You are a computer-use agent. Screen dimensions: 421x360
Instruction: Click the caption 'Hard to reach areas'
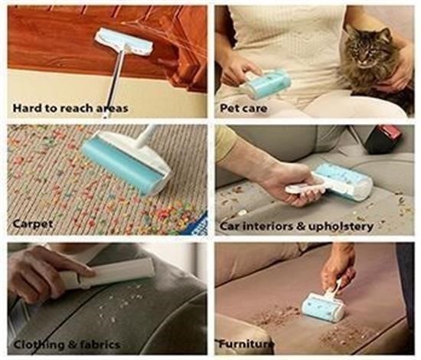tap(70, 108)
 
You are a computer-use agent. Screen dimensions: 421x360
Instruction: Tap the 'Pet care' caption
tap(243, 108)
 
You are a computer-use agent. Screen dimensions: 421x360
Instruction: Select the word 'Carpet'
tap(33, 224)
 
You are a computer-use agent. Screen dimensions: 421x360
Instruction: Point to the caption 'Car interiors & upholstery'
tap(296, 226)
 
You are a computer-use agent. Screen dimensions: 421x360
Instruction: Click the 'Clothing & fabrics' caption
tap(67, 344)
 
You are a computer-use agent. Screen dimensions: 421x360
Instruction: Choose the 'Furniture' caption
tap(246, 344)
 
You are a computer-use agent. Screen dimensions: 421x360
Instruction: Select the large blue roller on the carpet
tap(126, 165)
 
